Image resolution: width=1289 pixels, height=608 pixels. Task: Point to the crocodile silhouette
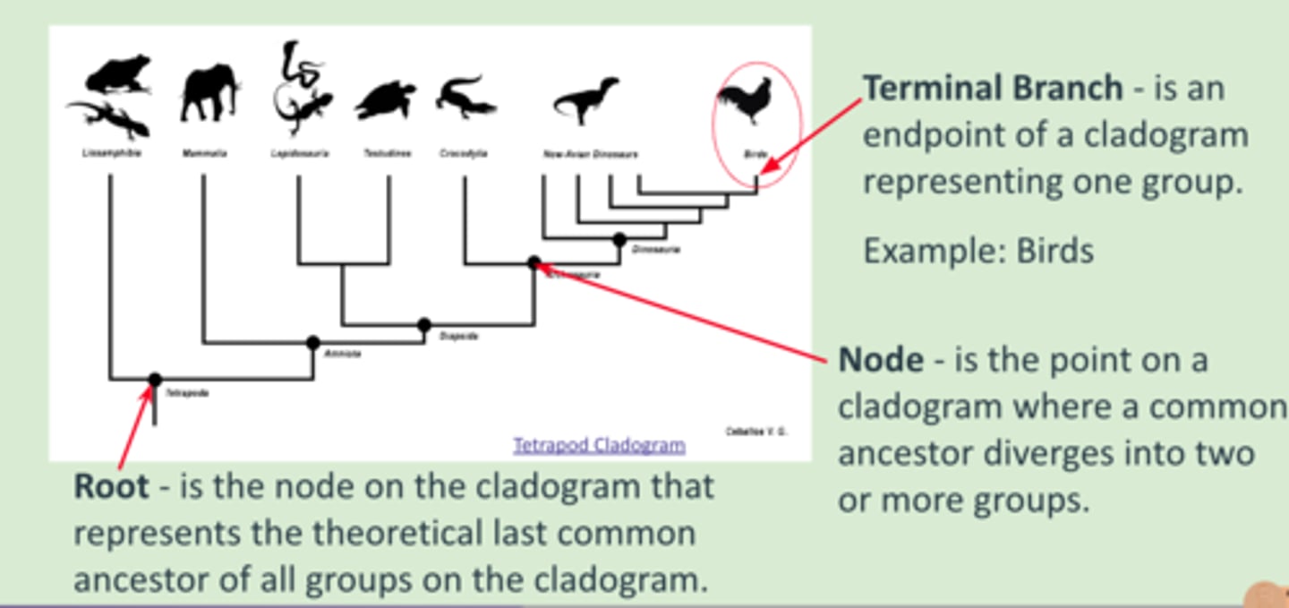[x=465, y=98]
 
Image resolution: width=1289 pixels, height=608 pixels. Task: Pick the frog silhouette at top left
[x=118, y=74]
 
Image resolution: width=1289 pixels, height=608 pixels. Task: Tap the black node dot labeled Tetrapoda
[x=155, y=380]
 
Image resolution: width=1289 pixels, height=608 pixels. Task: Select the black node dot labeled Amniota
[x=313, y=342]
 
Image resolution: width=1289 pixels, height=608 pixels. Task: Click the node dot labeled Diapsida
[x=424, y=325]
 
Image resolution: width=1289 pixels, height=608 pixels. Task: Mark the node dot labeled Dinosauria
[x=619, y=239]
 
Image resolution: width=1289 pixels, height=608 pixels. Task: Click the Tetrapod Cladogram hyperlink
[x=599, y=444]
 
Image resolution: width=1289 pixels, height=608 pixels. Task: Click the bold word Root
[x=111, y=486]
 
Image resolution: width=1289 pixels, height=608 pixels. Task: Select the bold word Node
[x=880, y=360]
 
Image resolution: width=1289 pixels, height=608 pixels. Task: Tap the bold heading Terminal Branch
[x=992, y=88]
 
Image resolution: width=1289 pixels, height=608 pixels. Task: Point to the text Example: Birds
[x=977, y=251]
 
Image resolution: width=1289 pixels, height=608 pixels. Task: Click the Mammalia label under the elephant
[x=204, y=153]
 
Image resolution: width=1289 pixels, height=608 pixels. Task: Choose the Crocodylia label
[x=464, y=153]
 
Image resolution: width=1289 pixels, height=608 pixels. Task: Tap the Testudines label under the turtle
[x=387, y=153]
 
